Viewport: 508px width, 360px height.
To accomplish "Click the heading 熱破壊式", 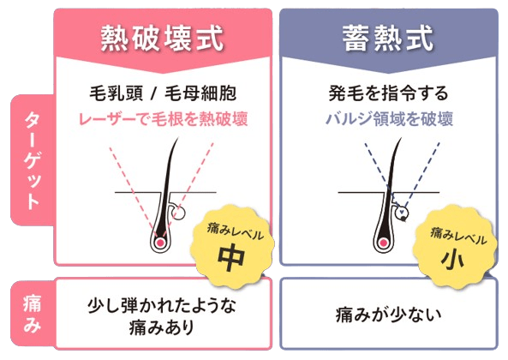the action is pyautogui.click(x=162, y=39).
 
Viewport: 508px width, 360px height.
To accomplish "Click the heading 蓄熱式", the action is pyautogui.click(x=388, y=39).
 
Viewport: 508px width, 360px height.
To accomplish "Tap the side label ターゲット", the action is pyautogui.click(x=32, y=160).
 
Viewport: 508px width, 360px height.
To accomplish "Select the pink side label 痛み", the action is pyautogui.click(x=32, y=314).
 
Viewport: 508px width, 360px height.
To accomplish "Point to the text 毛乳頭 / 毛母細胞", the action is pyautogui.click(x=163, y=93).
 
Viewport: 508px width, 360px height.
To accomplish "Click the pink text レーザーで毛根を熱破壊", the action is pyautogui.click(x=164, y=119).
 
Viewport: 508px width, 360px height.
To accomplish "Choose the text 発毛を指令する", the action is pyautogui.click(x=388, y=93).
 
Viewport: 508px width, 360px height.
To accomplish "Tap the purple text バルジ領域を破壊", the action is pyautogui.click(x=389, y=119).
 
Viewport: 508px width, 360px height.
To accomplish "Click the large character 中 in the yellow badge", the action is pyautogui.click(x=230, y=258).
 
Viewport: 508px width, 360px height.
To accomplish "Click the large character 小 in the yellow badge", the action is pyautogui.click(x=452, y=260).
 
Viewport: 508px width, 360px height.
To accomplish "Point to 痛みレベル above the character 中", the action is pyautogui.click(x=236, y=232).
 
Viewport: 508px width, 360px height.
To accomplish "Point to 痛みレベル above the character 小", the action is pyautogui.click(x=458, y=236).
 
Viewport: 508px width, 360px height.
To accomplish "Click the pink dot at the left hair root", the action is pyautogui.click(x=159, y=243).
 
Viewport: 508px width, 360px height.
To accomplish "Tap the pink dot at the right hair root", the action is pyautogui.click(x=384, y=243).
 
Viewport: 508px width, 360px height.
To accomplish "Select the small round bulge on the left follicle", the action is pyautogui.click(x=179, y=213).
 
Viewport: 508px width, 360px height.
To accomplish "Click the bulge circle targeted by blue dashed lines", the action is pyautogui.click(x=402, y=213).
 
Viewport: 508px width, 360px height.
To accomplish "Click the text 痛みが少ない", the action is pyautogui.click(x=388, y=315).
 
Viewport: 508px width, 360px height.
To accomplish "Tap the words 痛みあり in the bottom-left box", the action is pyautogui.click(x=161, y=327).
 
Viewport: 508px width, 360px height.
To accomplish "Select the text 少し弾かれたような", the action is pyautogui.click(x=162, y=305).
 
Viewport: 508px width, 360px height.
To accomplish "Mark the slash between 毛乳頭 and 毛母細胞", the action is pyautogui.click(x=153, y=94).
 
